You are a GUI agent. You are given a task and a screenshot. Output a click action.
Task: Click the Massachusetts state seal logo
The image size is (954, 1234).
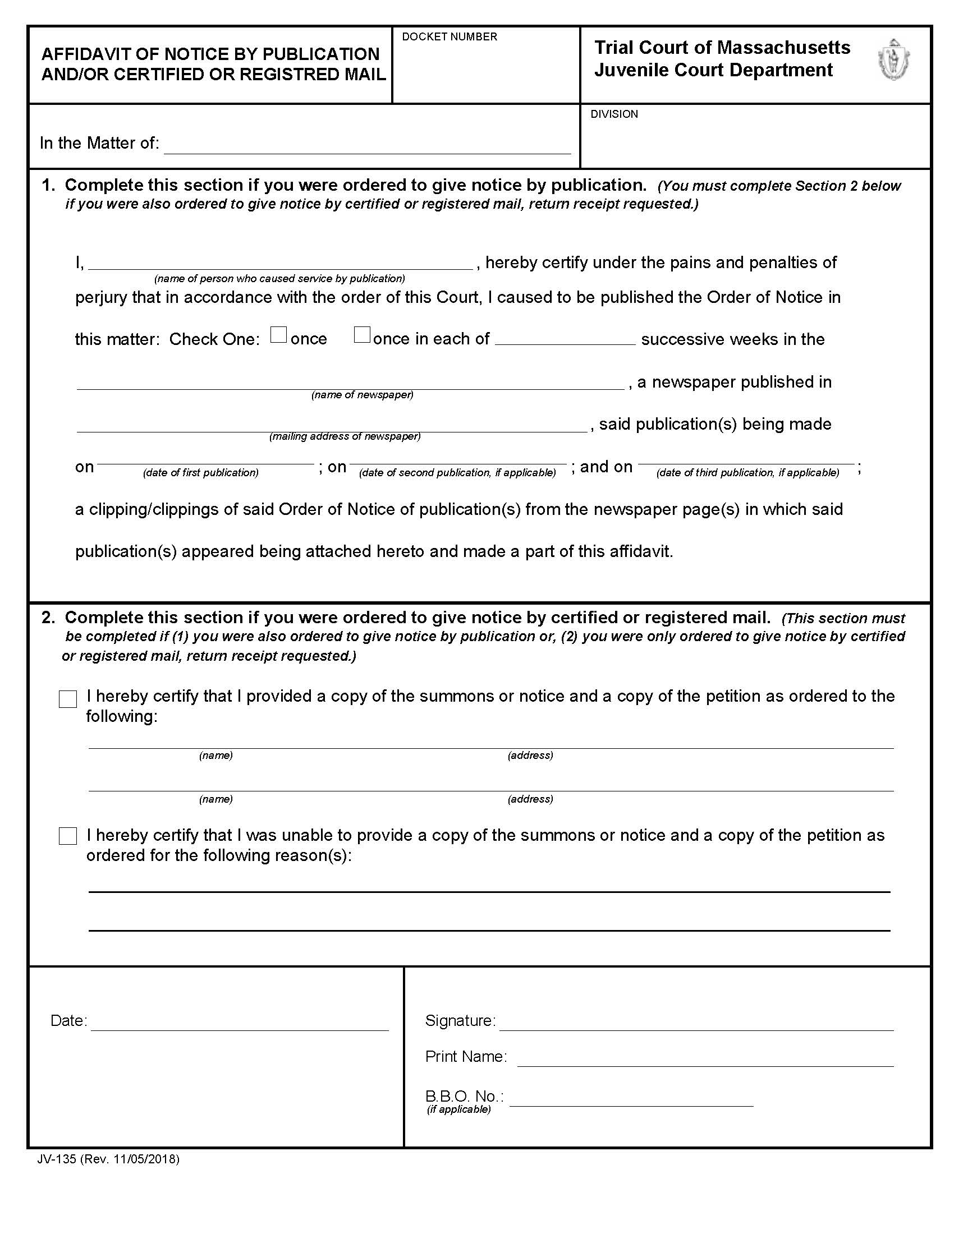(893, 60)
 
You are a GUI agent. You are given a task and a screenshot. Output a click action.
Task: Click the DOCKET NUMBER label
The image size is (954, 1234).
(450, 36)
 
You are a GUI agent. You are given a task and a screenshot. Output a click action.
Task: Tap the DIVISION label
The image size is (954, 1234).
(614, 114)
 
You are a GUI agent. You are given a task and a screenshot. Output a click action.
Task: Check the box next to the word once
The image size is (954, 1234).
(278, 335)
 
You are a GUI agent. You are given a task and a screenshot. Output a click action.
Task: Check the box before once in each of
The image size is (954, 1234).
(362, 335)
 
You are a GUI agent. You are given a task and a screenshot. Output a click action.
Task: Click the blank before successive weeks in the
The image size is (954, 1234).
(565, 338)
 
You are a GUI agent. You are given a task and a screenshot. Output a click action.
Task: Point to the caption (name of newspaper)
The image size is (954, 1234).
(363, 395)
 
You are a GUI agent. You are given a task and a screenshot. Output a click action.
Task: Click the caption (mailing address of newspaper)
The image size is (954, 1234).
(345, 436)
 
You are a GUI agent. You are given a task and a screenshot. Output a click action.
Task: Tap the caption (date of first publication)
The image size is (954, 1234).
(201, 473)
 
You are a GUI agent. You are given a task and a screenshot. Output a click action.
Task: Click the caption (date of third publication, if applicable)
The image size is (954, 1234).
(747, 473)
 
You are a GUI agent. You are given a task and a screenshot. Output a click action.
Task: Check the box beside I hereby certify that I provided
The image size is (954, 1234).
(68, 699)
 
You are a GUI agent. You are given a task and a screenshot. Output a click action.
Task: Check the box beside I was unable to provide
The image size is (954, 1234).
(68, 836)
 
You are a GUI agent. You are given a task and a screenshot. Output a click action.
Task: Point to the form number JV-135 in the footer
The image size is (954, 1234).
(57, 1159)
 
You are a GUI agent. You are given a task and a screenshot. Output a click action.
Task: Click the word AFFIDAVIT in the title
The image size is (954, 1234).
(84, 54)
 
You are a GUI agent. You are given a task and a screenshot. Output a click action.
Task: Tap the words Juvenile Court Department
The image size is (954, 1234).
(713, 70)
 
